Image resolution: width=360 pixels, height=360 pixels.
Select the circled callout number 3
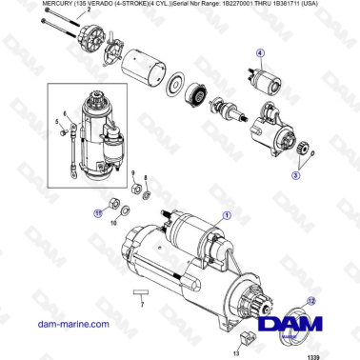[297, 176]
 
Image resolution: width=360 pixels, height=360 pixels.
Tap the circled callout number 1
[226, 215]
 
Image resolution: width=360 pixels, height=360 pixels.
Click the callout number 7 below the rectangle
[141, 304]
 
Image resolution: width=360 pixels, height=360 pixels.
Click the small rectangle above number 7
[140, 290]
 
